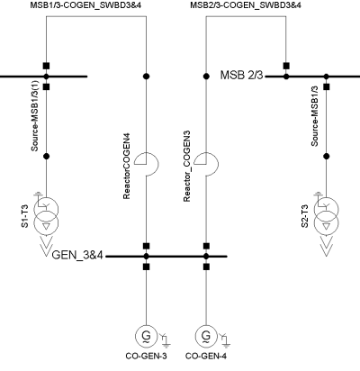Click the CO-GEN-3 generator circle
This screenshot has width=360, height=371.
click(146, 338)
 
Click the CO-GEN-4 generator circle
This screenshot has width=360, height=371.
click(206, 338)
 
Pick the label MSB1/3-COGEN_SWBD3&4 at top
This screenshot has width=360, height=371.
click(94, 6)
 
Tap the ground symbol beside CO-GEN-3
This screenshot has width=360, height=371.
click(166, 339)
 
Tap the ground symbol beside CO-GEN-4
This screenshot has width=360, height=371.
click(226, 339)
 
